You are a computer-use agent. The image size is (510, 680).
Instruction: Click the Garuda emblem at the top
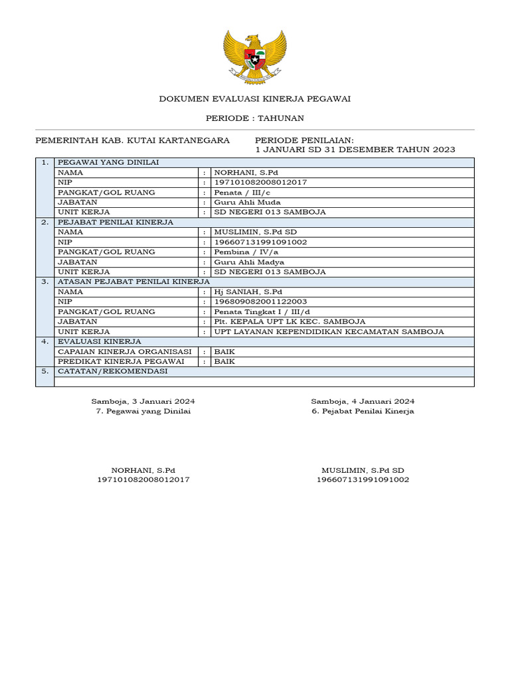[255, 56]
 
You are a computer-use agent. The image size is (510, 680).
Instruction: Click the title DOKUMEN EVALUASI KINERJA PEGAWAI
[255, 99]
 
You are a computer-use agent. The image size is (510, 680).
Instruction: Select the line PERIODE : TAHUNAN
[255, 118]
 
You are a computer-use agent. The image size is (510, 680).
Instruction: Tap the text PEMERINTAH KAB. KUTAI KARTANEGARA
[132, 140]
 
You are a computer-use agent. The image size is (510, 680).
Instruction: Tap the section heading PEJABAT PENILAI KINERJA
[116, 222]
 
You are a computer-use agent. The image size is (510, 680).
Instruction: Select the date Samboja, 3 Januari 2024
[143, 401]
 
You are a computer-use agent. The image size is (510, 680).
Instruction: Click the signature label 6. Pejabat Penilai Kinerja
[363, 411]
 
